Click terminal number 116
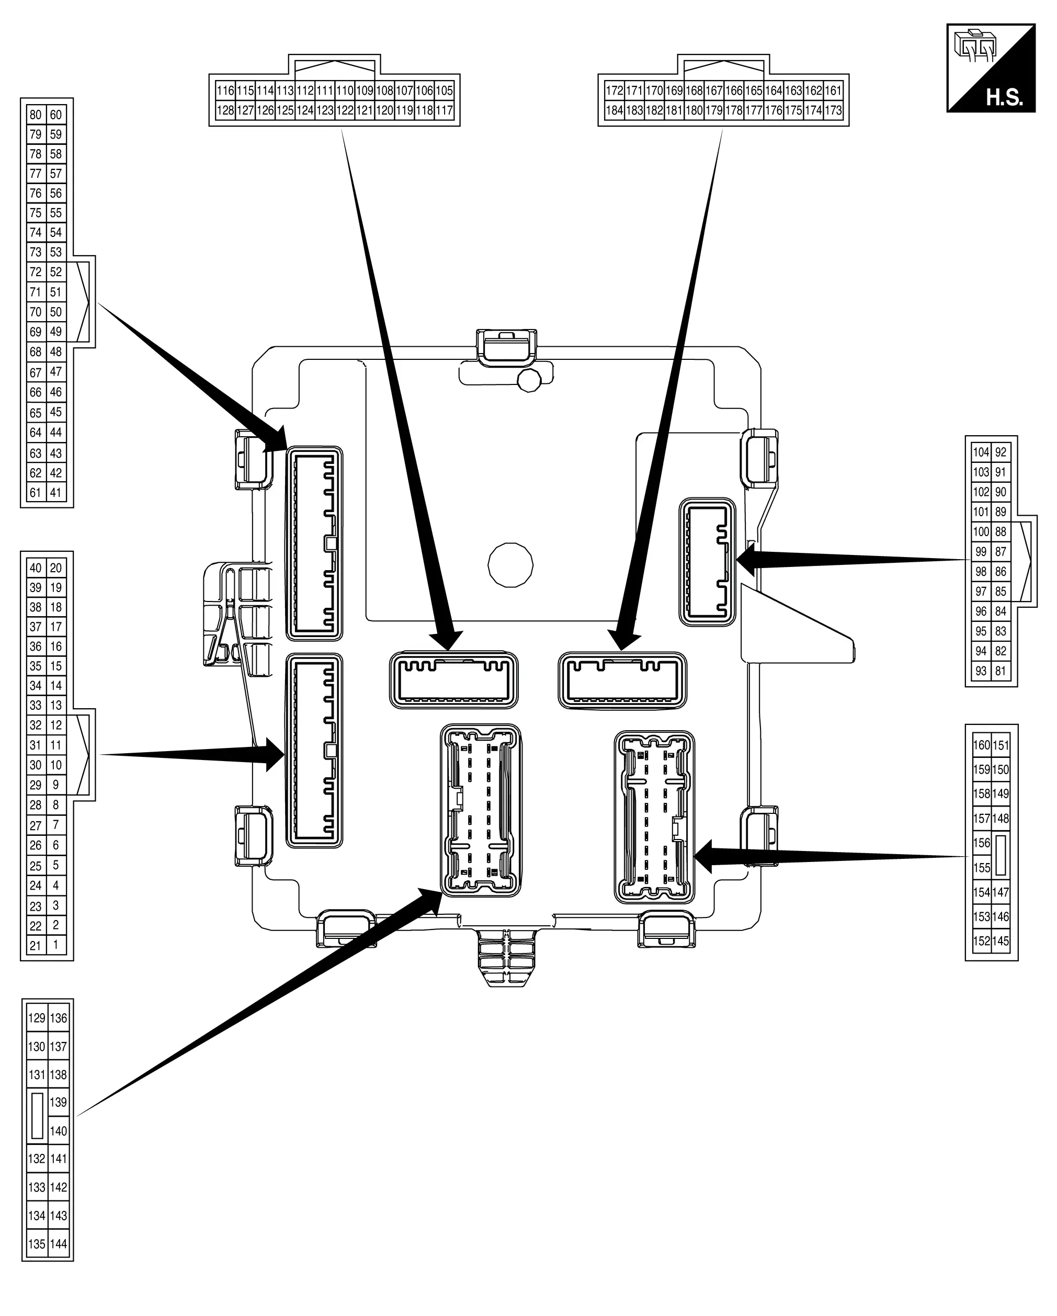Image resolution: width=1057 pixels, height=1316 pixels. tap(225, 91)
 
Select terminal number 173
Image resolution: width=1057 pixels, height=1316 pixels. tap(833, 110)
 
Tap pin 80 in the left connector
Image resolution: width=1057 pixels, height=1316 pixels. tap(36, 115)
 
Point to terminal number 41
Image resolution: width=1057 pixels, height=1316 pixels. tap(55, 493)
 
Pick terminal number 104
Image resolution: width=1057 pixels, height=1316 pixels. tap(981, 452)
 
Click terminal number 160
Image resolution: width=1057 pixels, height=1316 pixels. tap(981, 745)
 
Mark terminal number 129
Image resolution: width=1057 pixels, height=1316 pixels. tap(37, 1018)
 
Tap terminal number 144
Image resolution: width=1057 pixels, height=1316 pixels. tap(59, 1244)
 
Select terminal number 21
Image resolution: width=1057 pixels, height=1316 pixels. tap(36, 946)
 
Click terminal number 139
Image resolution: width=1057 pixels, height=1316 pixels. tap(59, 1103)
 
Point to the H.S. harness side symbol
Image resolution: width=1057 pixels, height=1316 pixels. tap(991, 68)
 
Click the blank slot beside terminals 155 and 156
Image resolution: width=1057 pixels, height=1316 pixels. tap(1000, 855)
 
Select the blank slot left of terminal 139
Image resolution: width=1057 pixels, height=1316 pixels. tap(37, 1116)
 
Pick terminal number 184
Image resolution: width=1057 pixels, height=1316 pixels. tap(615, 110)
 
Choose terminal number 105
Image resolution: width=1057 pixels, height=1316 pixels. tap(444, 91)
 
